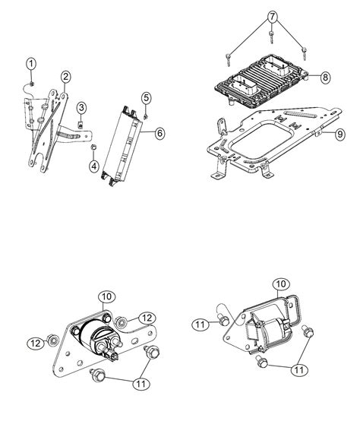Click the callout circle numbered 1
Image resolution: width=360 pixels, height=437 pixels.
[x=30, y=63]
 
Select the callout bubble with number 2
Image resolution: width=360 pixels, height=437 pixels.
[x=66, y=77]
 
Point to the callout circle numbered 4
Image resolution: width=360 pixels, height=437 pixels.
[x=92, y=165]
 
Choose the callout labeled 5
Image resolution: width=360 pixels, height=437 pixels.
[x=147, y=97]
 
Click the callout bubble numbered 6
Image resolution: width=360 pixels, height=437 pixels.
[x=159, y=133]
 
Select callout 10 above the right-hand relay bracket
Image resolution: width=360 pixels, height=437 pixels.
[x=281, y=284]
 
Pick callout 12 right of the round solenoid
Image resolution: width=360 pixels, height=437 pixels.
[x=147, y=318]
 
